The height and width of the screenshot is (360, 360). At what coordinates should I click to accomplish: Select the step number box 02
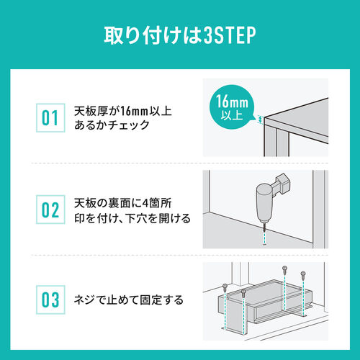(x=50, y=210)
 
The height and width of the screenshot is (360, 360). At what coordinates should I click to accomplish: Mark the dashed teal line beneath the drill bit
(x=264, y=235)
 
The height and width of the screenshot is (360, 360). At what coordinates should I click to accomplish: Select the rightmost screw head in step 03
(x=303, y=274)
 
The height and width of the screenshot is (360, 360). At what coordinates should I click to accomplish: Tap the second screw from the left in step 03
(x=244, y=291)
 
